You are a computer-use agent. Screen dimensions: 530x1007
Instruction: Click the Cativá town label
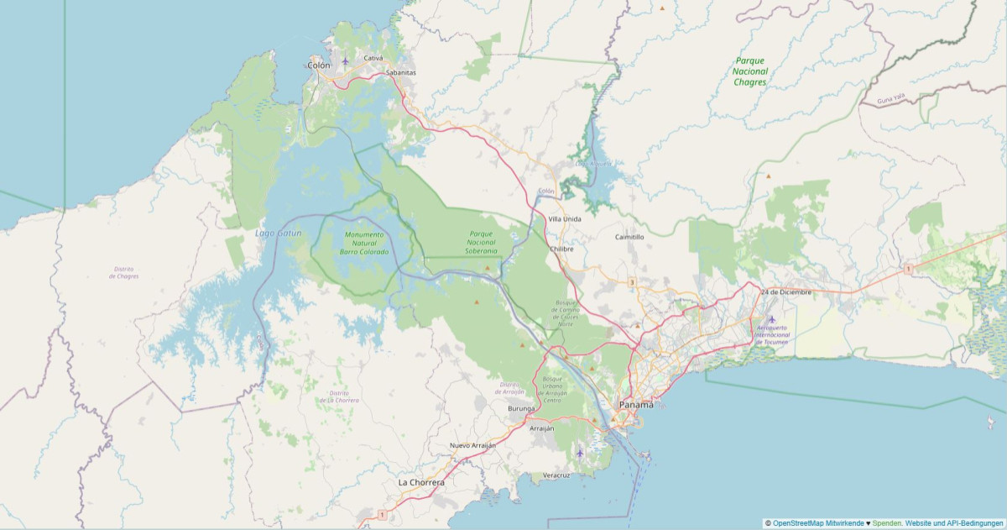[373, 58]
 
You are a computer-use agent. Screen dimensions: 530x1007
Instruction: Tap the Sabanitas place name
[400, 72]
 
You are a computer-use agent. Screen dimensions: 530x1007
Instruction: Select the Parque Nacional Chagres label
[750, 71]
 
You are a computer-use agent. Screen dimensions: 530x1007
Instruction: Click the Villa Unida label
[564, 218]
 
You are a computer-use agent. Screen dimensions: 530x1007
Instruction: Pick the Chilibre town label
[561, 249]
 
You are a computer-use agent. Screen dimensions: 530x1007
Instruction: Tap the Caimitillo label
[629, 237]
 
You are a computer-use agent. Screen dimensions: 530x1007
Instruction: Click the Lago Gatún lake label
[278, 232]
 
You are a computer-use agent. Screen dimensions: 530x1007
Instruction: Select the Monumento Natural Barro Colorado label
[364, 243]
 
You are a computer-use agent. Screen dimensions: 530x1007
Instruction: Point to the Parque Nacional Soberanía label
[482, 243]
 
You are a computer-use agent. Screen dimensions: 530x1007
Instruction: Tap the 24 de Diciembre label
[786, 291]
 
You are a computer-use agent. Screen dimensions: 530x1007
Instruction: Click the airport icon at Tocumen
[771, 319]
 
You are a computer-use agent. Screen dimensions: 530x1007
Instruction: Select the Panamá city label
[635, 405]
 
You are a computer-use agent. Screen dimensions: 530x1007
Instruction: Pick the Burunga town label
[521, 408]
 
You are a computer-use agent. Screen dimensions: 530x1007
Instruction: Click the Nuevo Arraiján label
[472, 445]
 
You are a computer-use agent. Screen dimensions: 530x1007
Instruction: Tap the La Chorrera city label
[421, 483]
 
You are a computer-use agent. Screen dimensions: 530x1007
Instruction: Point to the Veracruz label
[556, 475]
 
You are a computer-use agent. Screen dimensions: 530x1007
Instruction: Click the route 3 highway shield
[631, 282]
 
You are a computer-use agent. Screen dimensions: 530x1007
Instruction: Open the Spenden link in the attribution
[886, 523]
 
